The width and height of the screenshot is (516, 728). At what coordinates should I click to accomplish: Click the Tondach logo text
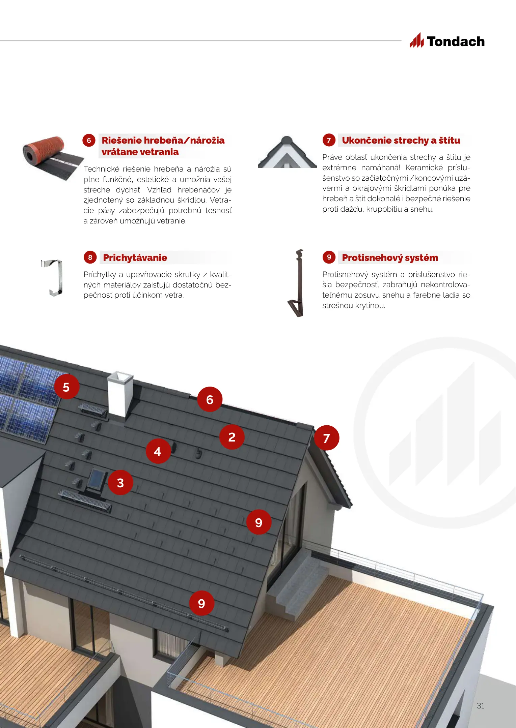click(456, 41)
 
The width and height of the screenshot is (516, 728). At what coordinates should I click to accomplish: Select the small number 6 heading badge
click(89, 140)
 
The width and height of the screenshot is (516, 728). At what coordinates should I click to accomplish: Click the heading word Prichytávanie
click(135, 257)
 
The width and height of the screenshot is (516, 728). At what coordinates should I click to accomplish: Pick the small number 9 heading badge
click(329, 257)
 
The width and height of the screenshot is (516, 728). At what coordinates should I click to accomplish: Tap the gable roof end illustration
click(287, 152)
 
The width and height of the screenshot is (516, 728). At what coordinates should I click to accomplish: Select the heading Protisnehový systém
click(390, 258)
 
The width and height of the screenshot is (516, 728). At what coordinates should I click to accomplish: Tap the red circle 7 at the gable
click(326, 438)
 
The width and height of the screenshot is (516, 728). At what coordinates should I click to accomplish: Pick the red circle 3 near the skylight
click(120, 483)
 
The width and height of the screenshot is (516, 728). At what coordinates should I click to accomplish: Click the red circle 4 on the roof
click(158, 451)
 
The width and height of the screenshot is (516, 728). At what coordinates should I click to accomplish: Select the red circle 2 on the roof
click(232, 437)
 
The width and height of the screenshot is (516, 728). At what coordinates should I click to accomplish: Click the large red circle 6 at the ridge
click(210, 399)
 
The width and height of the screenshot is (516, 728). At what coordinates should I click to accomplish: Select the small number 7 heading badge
click(329, 140)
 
